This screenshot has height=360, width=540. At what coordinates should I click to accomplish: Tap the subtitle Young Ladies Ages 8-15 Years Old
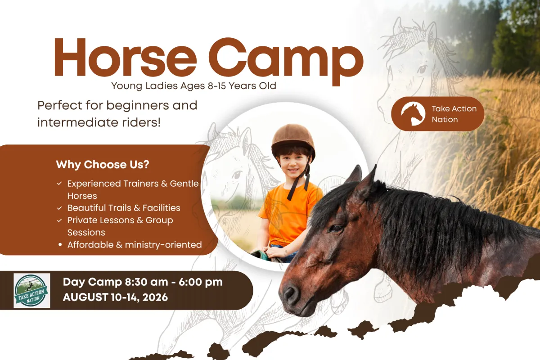click(193, 86)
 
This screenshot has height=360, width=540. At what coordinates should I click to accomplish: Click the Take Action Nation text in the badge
click(454, 114)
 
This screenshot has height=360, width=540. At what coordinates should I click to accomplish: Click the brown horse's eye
click(336, 228)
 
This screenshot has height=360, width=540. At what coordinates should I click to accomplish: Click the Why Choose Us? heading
click(103, 165)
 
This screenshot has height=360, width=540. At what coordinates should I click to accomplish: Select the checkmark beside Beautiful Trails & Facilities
click(59, 208)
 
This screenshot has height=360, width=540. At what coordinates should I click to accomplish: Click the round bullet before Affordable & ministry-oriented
click(60, 245)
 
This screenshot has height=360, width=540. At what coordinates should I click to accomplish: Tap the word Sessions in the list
click(86, 233)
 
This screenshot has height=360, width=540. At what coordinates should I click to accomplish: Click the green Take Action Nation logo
click(32, 290)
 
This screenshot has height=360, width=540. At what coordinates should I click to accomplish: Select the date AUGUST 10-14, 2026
click(115, 297)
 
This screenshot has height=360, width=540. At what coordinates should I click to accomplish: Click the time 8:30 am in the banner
click(146, 282)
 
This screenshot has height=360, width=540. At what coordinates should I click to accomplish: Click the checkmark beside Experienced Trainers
click(59, 184)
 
